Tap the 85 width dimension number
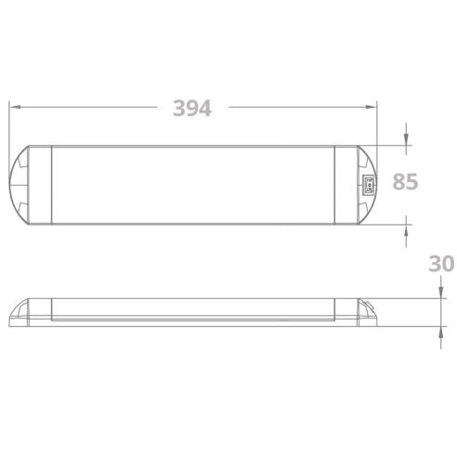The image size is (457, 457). (x=406, y=182)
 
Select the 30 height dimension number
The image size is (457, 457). (x=440, y=263)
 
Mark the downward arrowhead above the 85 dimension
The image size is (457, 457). (x=407, y=140)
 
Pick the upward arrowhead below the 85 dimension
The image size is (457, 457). (x=407, y=227)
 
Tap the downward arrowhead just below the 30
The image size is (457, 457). (x=439, y=293)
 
